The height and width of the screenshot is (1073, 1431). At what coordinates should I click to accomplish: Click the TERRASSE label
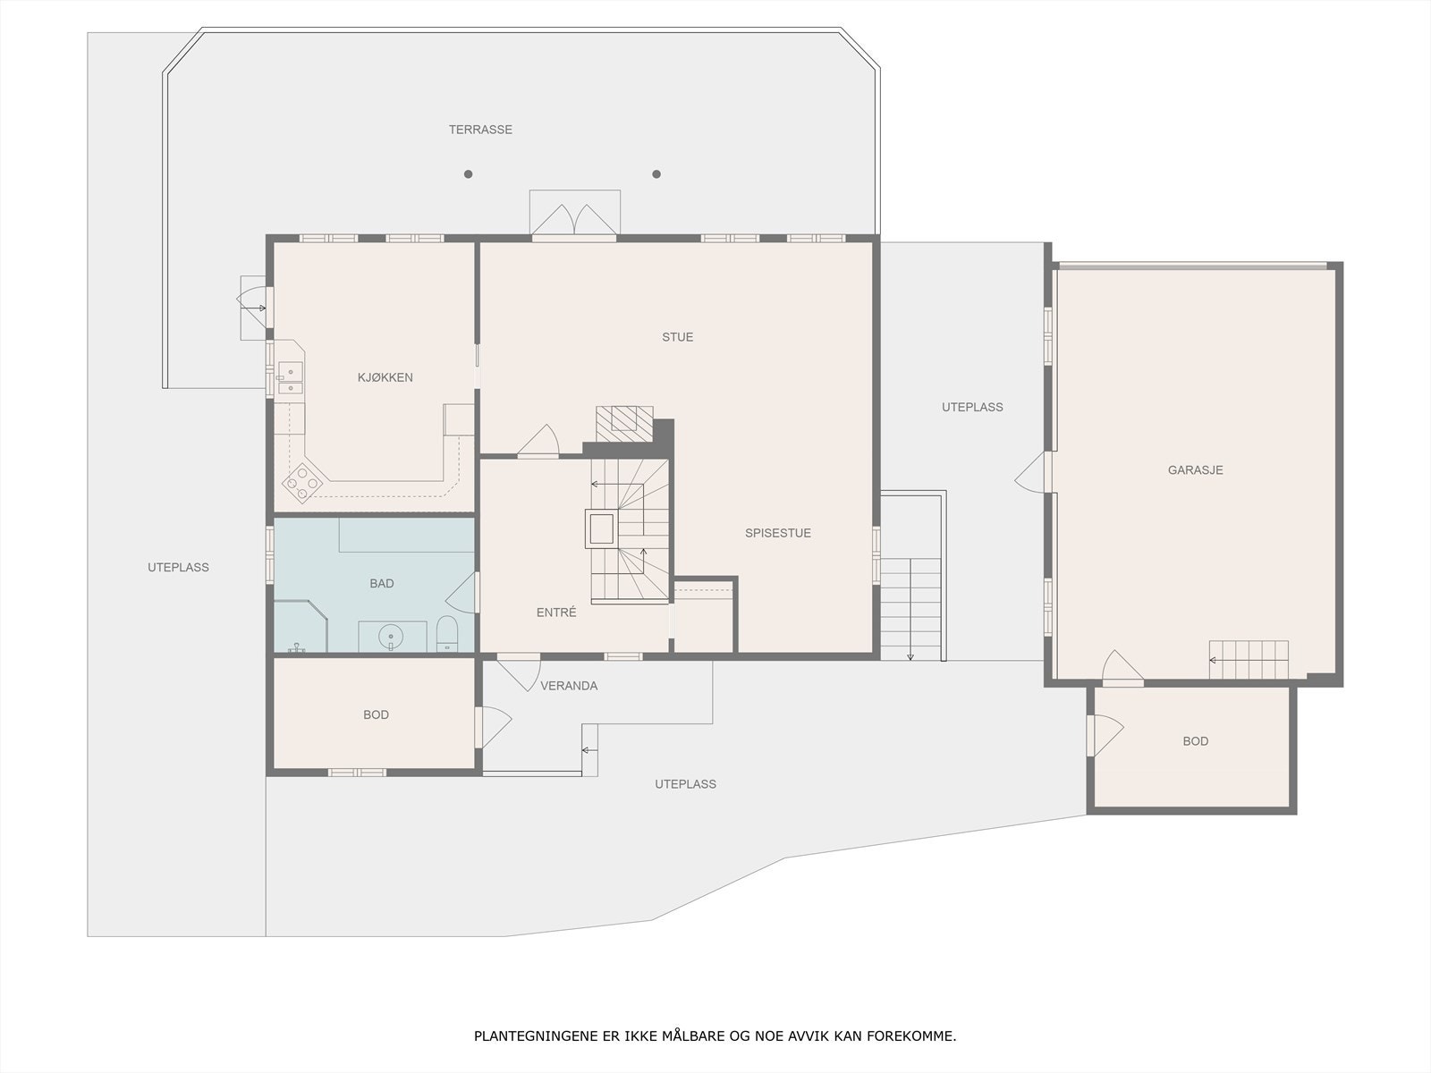click(x=480, y=130)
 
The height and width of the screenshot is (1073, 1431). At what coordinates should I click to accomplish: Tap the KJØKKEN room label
click(x=385, y=377)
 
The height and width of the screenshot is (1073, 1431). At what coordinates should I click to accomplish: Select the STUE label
click(x=677, y=337)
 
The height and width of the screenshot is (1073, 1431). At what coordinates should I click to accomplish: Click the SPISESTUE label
click(x=777, y=533)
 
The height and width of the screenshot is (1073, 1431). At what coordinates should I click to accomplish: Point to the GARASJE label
click(x=1195, y=469)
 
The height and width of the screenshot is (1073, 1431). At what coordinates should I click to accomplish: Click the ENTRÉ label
click(x=555, y=613)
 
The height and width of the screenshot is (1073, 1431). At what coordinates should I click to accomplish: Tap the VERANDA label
click(x=569, y=686)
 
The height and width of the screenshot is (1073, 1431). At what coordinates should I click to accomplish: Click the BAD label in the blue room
click(x=381, y=583)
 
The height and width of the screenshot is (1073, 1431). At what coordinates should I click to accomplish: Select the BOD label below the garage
click(x=1195, y=740)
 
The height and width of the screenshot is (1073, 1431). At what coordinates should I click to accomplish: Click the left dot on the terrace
click(x=468, y=174)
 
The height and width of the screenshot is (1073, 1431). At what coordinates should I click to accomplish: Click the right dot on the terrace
click(x=656, y=174)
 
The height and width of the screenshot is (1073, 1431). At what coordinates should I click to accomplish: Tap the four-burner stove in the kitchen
click(x=301, y=484)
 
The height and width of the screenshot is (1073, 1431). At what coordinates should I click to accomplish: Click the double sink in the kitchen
click(x=290, y=377)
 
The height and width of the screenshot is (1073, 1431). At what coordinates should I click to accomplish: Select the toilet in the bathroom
click(x=447, y=633)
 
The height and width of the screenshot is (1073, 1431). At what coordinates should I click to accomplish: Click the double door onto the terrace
click(x=573, y=221)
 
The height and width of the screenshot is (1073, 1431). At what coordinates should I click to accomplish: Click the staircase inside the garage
click(x=1249, y=660)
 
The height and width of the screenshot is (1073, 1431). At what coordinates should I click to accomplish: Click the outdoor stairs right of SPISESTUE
click(x=910, y=608)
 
